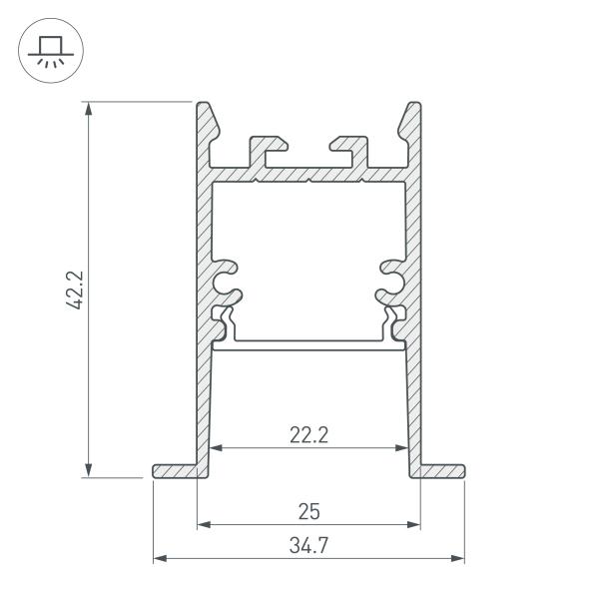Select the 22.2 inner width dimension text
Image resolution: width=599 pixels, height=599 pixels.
pos(308,434)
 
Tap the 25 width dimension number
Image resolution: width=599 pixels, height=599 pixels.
pos(308,511)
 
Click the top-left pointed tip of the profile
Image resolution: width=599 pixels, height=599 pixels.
pos(204,106)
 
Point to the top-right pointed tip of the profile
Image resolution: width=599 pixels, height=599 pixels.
pos(413,106)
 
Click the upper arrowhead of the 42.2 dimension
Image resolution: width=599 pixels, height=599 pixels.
pos(91,108)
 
